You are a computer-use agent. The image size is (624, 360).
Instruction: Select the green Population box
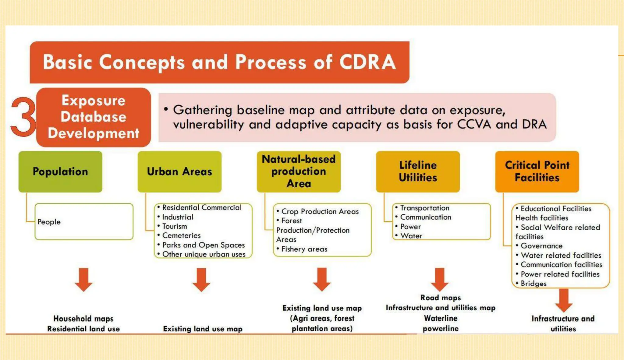(60, 171)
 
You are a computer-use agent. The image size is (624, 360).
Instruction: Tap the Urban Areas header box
(179, 171)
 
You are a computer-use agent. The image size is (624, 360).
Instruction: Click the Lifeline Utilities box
(418, 171)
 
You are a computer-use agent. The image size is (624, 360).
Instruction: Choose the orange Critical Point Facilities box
(537, 171)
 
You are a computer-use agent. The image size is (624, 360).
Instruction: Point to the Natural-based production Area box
(299, 171)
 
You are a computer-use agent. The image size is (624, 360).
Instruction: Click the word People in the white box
(49, 222)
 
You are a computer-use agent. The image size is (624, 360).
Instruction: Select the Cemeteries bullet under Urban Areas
(181, 235)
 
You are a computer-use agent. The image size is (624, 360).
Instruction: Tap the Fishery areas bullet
(304, 249)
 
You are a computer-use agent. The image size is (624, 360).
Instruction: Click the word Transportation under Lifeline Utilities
(424, 208)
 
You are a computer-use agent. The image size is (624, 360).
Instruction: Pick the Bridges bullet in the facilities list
(533, 284)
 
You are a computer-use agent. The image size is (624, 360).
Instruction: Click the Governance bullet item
(541, 246)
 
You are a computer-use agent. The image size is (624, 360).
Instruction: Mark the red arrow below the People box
(84, 280)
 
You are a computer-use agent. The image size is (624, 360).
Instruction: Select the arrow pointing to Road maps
(439, 280)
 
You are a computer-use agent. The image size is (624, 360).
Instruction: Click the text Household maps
(83, 319)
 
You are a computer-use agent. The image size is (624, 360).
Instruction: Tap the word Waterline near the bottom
(441, 318)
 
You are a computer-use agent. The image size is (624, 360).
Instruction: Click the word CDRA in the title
(367, 62)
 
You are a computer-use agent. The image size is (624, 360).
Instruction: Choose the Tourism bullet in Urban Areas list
(175, 226)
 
